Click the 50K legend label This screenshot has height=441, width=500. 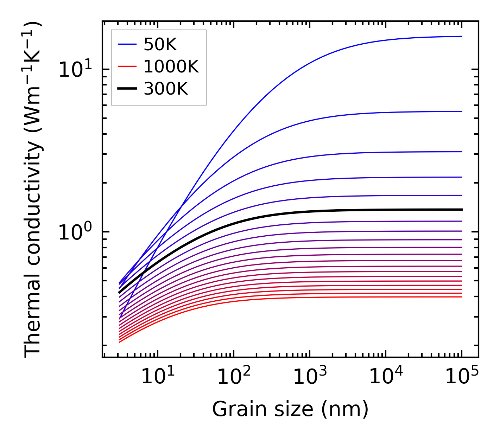160,44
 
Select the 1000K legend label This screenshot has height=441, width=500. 171,66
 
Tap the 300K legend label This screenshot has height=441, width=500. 166,89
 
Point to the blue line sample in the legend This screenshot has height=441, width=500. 127,44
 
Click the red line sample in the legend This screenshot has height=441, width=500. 127,66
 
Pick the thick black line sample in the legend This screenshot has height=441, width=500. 127,89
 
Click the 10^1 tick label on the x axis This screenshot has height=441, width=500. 158,377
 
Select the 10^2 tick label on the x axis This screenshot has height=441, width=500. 234,377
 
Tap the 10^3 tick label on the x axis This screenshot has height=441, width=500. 310,377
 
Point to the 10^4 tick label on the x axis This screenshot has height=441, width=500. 386,377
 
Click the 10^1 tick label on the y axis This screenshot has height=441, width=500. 75,69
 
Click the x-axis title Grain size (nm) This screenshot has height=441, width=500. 290,409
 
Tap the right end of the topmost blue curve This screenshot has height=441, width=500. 461,36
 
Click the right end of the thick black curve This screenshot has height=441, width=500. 461,210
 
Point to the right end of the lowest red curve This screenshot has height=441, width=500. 461,297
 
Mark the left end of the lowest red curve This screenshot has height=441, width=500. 120,342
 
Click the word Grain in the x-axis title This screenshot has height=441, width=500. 232,409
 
